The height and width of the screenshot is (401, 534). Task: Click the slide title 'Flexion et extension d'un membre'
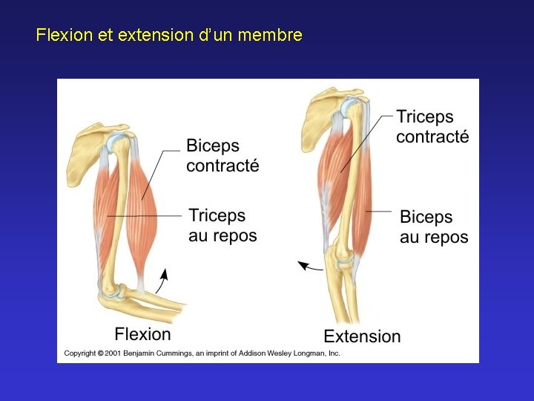169,35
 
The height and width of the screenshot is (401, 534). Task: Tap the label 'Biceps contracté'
222,155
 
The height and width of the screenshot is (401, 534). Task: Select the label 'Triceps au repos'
222,226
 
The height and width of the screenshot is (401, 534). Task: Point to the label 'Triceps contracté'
432,126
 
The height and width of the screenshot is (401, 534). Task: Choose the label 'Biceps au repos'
434,226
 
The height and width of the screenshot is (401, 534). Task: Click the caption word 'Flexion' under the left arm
142,334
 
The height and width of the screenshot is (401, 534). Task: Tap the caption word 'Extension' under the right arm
362,336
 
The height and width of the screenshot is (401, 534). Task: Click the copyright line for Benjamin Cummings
202,353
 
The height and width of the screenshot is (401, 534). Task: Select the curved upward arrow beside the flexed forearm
162,283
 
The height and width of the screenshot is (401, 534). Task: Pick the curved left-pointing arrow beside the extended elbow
310,265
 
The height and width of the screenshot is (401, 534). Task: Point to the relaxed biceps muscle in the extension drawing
361,215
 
